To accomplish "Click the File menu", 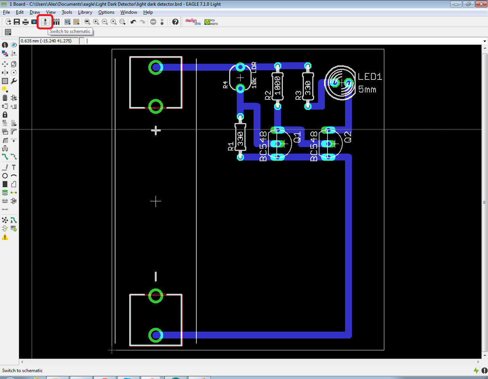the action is (6, 12).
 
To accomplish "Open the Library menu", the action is (85, 12).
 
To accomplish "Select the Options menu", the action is (106, 12).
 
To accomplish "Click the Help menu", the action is (148, 12).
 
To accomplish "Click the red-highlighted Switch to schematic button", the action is (45, 22).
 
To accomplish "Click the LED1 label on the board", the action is (370, 77).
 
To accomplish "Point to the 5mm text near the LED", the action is (367, 90).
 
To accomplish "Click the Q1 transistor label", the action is (297, 137).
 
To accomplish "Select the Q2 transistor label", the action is (348, 137).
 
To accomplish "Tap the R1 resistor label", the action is (231, 146).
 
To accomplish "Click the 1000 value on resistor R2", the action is (278, 86).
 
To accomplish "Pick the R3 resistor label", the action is (298, 95).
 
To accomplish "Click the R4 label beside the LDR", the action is (225, 85).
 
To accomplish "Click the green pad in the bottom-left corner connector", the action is (156, 335).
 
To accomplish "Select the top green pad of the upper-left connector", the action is (156, 68).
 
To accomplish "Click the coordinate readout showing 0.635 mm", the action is (46, 41).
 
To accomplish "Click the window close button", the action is (481, 4).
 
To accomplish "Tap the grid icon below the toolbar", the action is (8, 32).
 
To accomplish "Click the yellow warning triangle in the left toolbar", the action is (5, 237).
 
